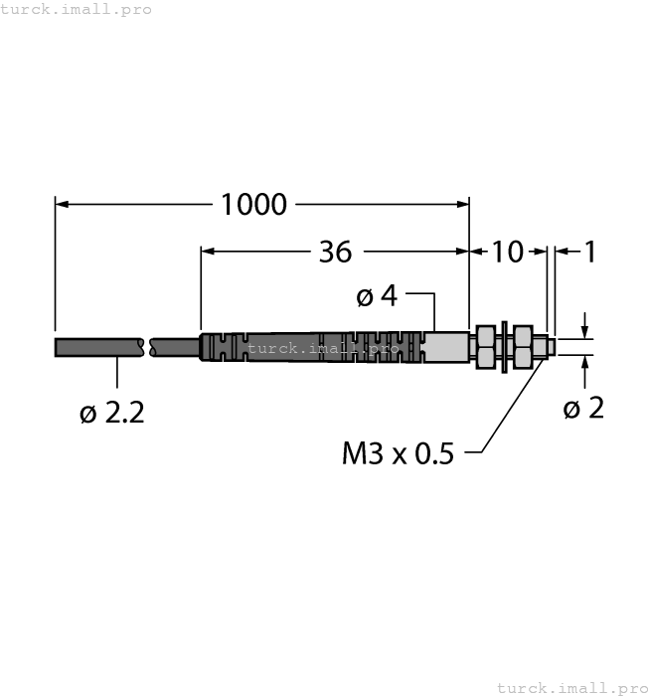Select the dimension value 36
335,253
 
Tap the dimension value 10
507,253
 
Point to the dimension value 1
589,253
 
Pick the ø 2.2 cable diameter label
112,413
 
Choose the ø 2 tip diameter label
583,408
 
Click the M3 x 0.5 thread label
398,454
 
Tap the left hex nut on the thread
486,347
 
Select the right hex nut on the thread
523,347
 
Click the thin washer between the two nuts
506,347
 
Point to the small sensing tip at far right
548,347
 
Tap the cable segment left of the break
99,347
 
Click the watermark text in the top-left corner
77,9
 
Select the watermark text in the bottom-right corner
570,687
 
